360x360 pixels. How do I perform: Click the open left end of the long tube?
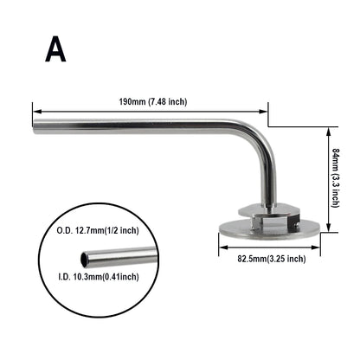(35, 131)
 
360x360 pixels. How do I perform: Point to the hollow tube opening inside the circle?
(84, 258)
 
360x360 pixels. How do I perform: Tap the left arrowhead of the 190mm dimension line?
(35, 110)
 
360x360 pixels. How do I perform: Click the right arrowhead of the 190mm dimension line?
(266, 110)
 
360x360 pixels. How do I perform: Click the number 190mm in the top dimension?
(132, 102)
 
